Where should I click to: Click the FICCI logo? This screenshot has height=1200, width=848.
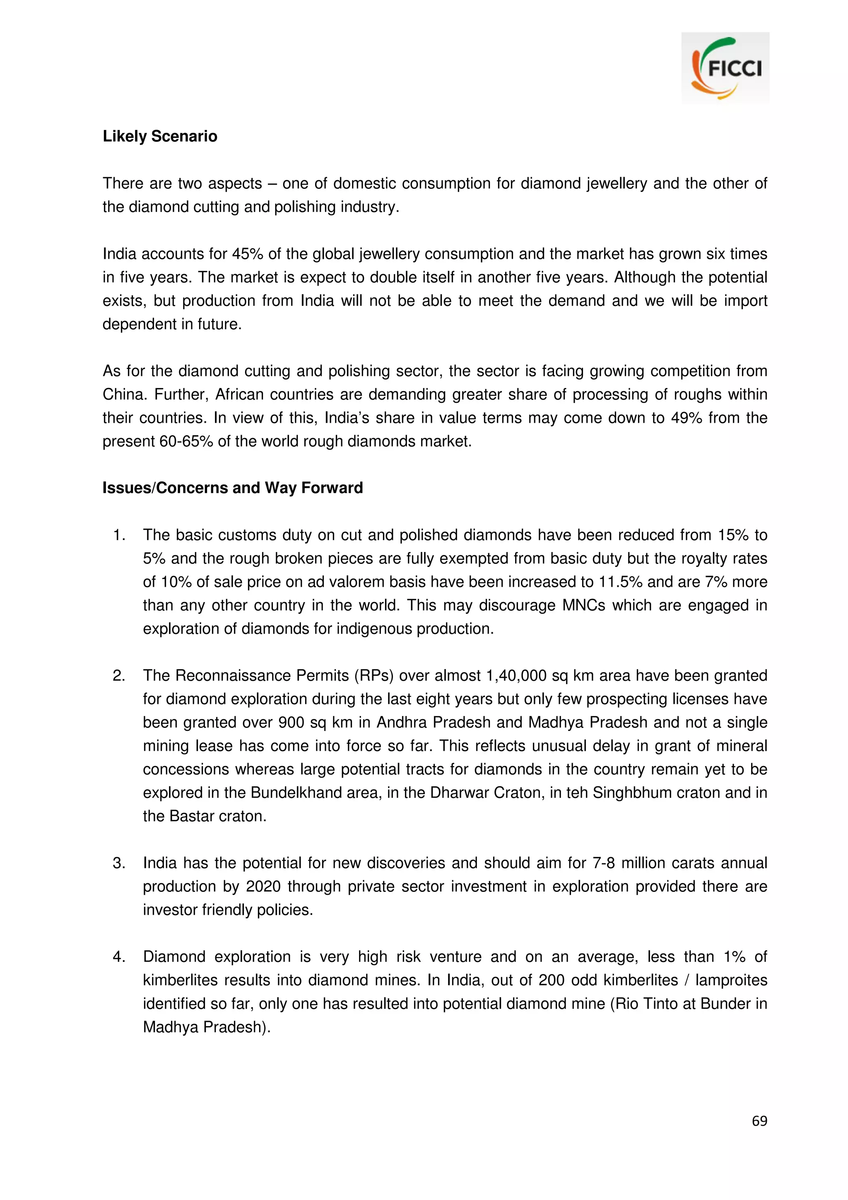click(x=725, y=68)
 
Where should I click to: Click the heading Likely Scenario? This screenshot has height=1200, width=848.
click(x=160, y=136)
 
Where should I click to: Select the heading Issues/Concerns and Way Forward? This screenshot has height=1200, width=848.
click(x=233, y=488)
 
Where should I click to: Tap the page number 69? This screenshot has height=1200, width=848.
click(x=759, y=1120)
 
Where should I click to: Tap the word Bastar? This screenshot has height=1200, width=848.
click(x=191, y=817)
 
